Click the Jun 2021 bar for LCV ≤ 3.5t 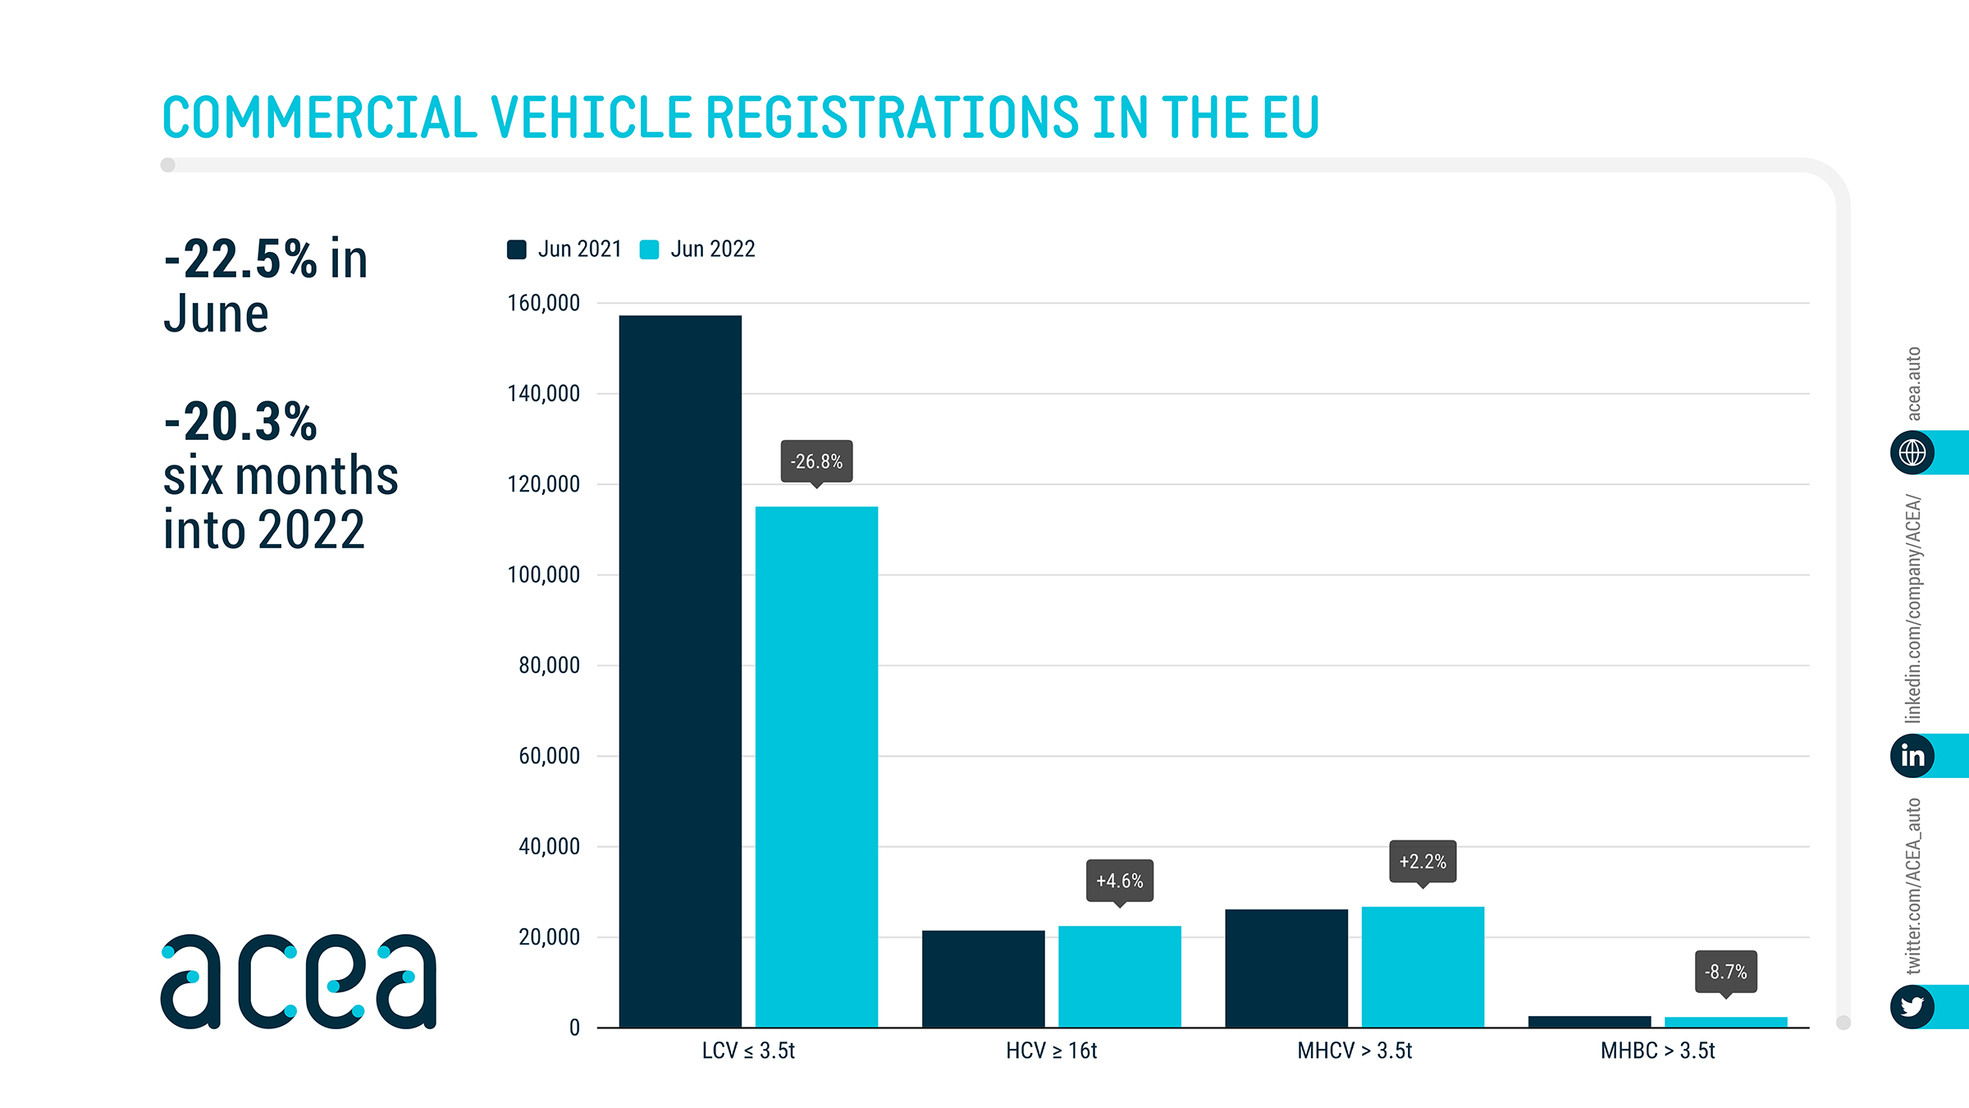(x=680, y=671)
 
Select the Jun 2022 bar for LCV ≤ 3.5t (x=816, y=767)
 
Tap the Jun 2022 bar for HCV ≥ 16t (x=1119, y=976)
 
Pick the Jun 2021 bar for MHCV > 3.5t (x=1286, y=968)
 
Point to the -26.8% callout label (x=816, y=461)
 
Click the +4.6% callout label (x=1119, y=881)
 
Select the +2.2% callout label (x=1423, y=861)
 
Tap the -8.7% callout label (x=1725, y=972)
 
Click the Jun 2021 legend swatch (x=517, y=250)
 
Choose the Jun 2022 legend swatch (x=649, y=250)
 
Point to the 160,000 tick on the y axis (x=543, y=303)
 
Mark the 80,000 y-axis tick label (x=549, y=665)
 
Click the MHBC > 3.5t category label (x=1657, y=1051)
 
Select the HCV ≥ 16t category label (x=1051, y=1051)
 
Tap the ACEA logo (x=299, y=981)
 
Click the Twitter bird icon (x=1912, y=1006)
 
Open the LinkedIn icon (x=1912, y=755)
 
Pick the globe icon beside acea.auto (x=1912, y=452)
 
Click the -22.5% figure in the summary (x=240, y=259)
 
